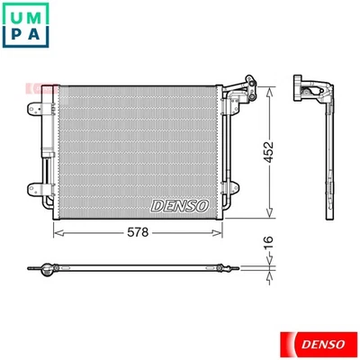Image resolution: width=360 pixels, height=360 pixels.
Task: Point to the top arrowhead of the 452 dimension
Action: [266, 87]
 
